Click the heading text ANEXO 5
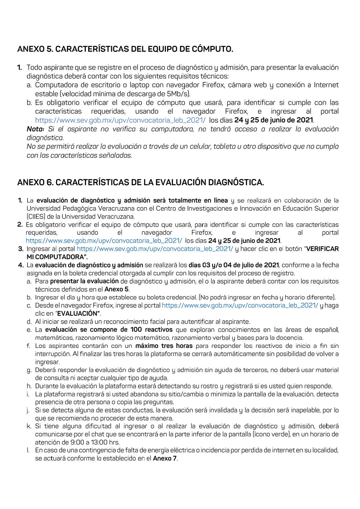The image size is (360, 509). click(x=35, y=49)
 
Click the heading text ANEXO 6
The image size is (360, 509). click(x=35, y=183)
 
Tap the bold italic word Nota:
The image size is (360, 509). click(x=35, y=129)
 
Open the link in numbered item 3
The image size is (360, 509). click(x=155, y=249)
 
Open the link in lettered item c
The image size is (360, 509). click(x=240, y=306)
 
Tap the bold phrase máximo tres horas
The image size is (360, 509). click(x=164, y=346)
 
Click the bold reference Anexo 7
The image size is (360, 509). click(x=165, y=459)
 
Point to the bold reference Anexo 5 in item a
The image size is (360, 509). click(x=116, y=289)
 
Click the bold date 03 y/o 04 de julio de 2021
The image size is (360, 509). click(x=234, y=265)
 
